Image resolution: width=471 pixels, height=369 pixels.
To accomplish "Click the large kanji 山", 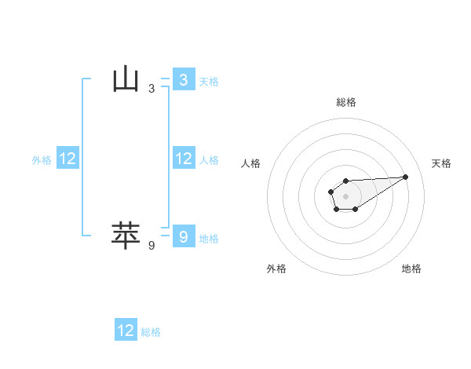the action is (126, 80).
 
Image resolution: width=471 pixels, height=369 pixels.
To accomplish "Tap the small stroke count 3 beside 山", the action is (151, 89).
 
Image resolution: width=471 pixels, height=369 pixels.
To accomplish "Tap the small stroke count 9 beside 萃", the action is (151, 246).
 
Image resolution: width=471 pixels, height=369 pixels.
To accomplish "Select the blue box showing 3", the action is (183, 80).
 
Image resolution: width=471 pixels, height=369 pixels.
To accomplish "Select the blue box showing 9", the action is (183, 236).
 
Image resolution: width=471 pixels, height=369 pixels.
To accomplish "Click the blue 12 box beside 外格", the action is (68, 159).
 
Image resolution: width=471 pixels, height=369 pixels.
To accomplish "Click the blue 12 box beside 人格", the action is (183, 159).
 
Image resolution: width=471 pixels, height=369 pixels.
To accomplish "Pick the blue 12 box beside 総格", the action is (126, 331).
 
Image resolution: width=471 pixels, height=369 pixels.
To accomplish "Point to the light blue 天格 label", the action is (209, 82).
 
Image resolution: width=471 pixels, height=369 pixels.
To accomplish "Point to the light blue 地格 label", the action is (209, 239).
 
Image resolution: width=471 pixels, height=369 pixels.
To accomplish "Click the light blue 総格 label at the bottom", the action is (151, 332).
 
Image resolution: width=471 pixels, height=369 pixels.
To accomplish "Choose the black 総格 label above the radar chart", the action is (345, 102).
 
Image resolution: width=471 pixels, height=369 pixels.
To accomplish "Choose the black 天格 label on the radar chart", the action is (442, 163).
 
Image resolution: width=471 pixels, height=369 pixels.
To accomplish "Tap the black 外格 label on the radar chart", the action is (276, 269).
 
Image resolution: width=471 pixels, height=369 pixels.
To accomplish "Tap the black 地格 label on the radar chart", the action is (411, 269).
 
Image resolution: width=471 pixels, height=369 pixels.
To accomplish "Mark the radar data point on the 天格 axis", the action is (405, 177).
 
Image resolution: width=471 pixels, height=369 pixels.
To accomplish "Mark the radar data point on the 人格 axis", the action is (330, 191).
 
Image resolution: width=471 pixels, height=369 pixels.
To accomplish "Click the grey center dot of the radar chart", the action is (345, 195).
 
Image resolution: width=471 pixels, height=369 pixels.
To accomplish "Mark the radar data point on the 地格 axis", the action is (356, 209).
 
